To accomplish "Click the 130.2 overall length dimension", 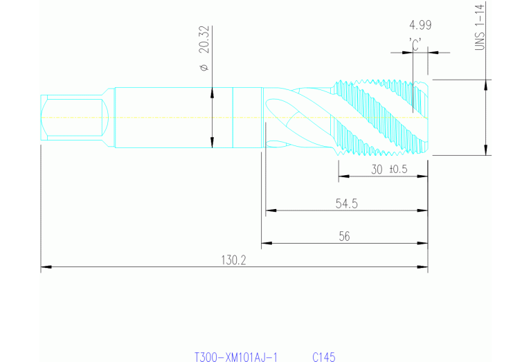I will [x=234, y=260].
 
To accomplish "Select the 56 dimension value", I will [x=344, y=236].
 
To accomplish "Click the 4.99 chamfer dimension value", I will [x=420, y=26].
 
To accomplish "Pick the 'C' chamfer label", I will [x=416, y=44].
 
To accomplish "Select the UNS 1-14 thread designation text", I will [x=480, y=27].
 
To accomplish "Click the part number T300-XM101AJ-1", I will [x=235, y=357].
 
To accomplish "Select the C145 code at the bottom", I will [x=323, y=357].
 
